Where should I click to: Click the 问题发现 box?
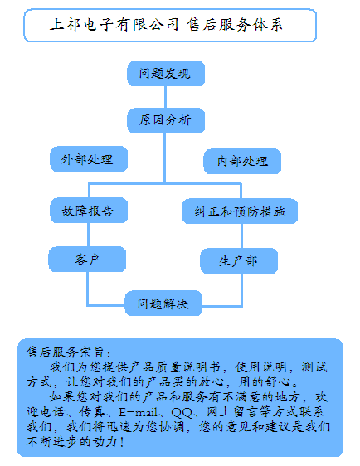pyautogui.click(x=166, y=74)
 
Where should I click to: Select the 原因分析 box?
pyautogui.click(x=166, y=120)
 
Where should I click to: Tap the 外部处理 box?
pyautogui.click(x=89, y=158)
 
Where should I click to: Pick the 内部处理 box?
pyautogui.click(x=242, y=161)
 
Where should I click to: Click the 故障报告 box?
pyautogui.click(x=89, y=210)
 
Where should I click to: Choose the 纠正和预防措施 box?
pyautogui.click(x=240, y=211)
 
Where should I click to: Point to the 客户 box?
pyautogui.click(x=87, y=260)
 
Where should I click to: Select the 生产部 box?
pyautogui.click(x=239, y=260)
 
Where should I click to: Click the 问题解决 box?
pyautogui.click(x=163, y=303)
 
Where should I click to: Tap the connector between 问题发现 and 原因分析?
pyautogui.click(x=165, y=97)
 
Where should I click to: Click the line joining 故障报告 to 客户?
pyautogui.click(x=88, y=235)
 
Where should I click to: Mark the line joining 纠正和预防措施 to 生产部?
pyautogui.click(x=241, y=236)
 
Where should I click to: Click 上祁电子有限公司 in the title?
pyautogui.click(x=114, y=25)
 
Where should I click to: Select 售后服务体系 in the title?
pyautogui.click(x=235, y=25)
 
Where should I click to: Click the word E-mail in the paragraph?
pyautogui.click(x=138, y=412)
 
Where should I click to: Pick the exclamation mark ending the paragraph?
pyautogui.click(x=122, y=442)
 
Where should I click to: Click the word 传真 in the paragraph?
pyautogui.click(x=91, y=412)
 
